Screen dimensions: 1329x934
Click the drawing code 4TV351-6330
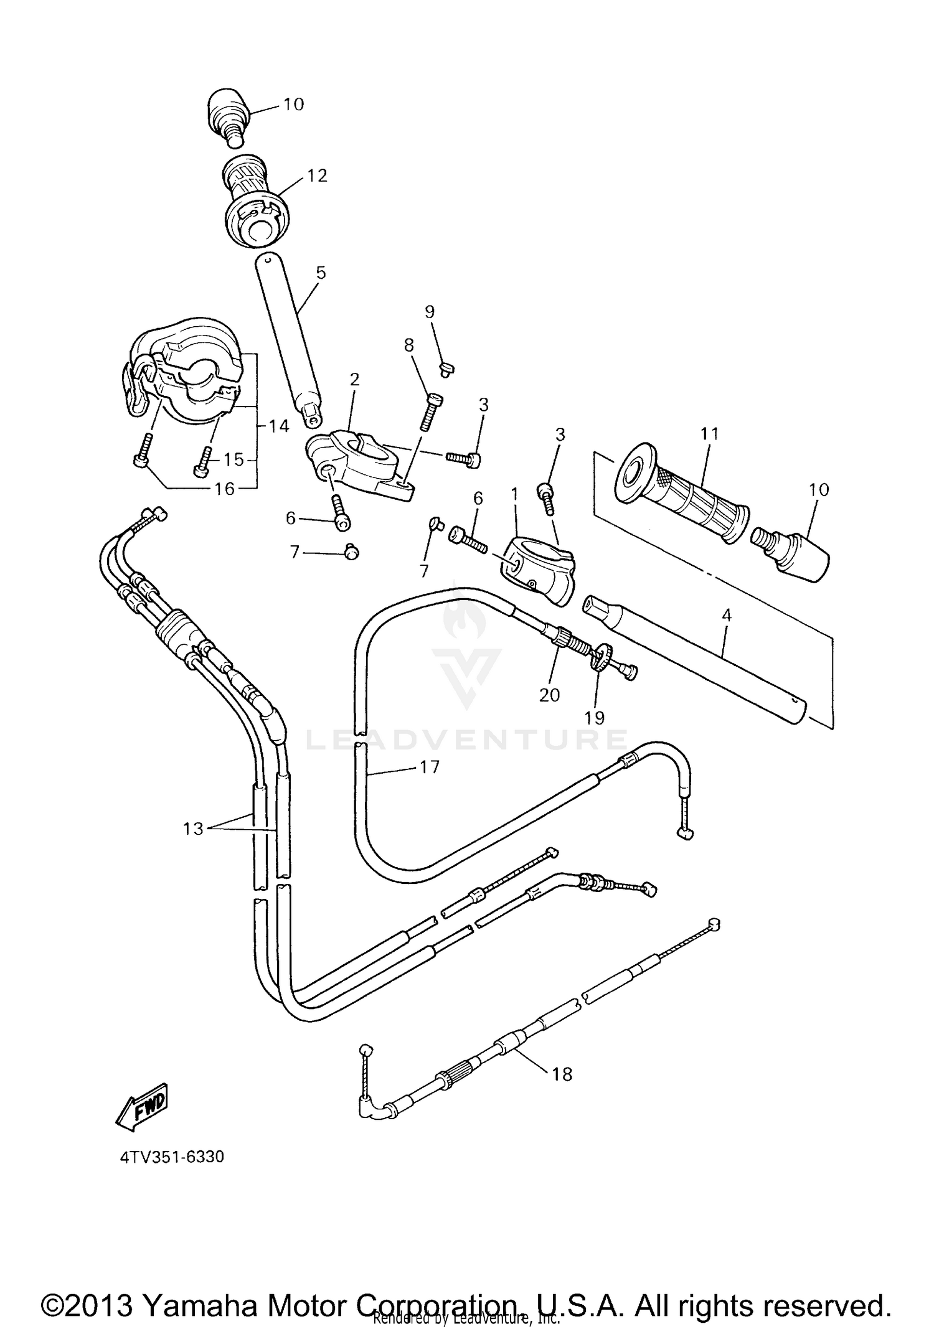pyautogui.click(x=172, y=1157)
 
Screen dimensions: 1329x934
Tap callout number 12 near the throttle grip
pyautogui.click(x=316, y=176)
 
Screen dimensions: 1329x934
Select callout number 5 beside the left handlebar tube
pyautogui.click(x=321, y=272)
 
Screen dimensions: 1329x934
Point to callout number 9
pyautogui.click(x=430, y=312)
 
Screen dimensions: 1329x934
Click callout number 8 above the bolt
pyautogui.click(x=409, y=345)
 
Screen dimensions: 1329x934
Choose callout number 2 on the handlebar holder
pyautogui.click(x=354, y=379)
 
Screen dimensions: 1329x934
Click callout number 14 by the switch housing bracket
pyautogui.click(x=279, y=426)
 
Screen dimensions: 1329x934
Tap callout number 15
pyautogui.click(x=233, y=459)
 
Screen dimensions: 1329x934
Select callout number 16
pyautogui.click(x=224, y=489)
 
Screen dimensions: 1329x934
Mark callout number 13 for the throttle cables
pyautogui.click(x=193, y=829)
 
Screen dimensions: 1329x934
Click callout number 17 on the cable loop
pyautogui.click(x=430, y=767)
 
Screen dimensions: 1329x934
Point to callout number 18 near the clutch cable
pyautogui.click(x=562, y=1074)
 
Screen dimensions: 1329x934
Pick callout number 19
pyautogui.click(x=595, y=718)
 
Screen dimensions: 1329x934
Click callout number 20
pyautogui.click(x=549, y=695)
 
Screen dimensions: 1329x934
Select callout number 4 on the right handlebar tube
pyautogui.click(x=726, y=616)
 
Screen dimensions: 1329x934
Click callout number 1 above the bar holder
pyautogui.click(x=514, y=494)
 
